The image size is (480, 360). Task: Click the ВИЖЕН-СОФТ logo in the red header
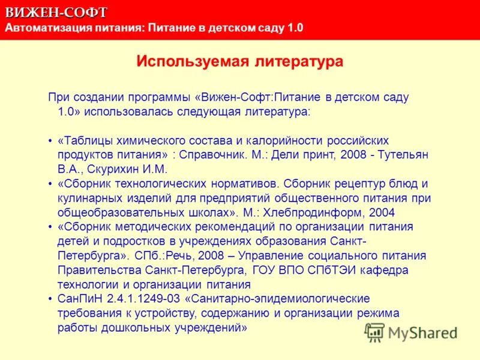tap(57, 12)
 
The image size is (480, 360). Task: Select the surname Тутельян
tap(402, 155)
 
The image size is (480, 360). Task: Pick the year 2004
tap(382, 212)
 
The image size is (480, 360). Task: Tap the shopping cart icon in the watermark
tap(376, 332)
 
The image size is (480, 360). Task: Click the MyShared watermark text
tap(422, 333)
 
